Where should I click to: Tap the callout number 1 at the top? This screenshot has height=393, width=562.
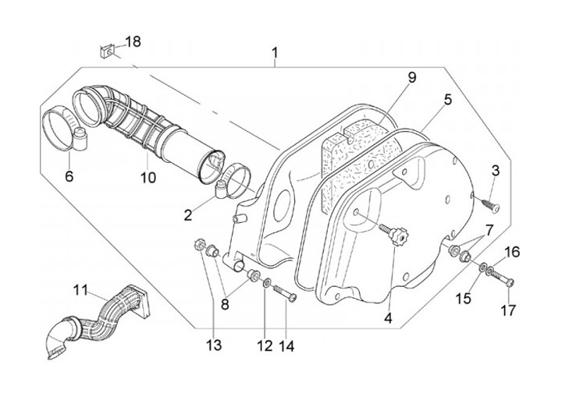(x=275, y=53)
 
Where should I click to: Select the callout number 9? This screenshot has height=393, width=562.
(x=411, y=77)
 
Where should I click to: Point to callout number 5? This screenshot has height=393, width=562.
(x=448, y=99)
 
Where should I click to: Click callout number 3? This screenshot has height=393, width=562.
(x=495, y=170)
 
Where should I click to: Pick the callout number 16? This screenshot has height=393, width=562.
(x=510, y=251)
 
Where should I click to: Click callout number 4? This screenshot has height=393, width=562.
(x=387, y=317)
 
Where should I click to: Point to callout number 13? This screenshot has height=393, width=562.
(x=214, y=344)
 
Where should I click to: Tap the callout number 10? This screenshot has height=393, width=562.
(x=148, y=178)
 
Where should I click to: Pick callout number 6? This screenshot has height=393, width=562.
(x=69, y=177)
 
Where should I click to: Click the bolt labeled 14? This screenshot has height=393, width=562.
(x=285, y=294)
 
